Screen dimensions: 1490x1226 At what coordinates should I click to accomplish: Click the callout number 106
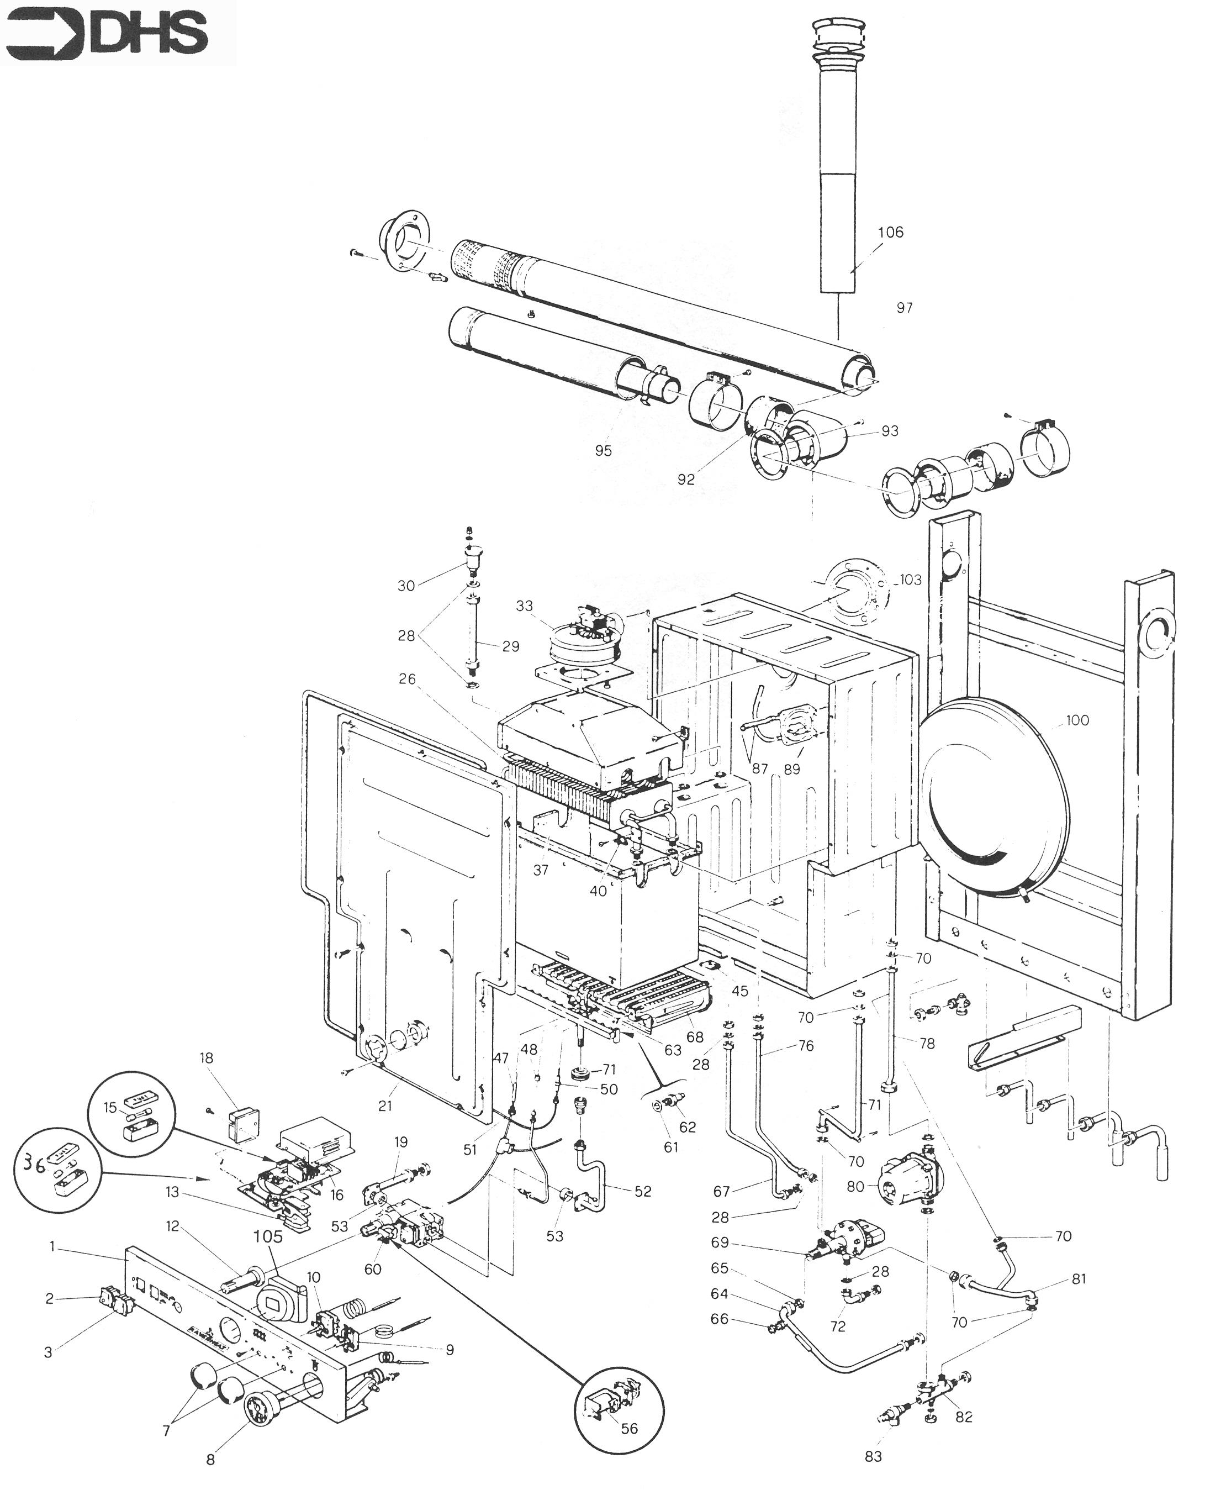coord(891,233)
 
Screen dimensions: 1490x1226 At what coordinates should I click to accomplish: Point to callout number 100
coord(1077,720)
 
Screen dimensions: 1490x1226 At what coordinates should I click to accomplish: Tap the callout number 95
coord(603,451)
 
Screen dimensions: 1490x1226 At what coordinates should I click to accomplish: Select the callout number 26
coord(408,679)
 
